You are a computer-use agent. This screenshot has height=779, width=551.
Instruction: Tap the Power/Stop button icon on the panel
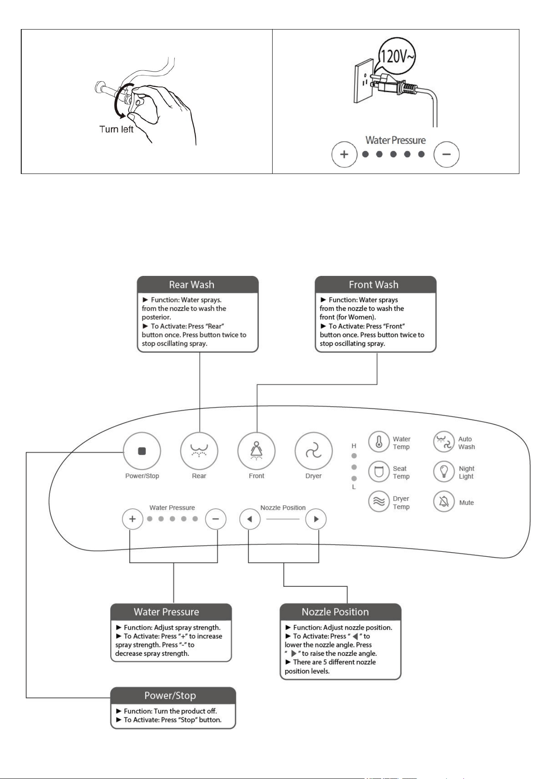pos(142,451)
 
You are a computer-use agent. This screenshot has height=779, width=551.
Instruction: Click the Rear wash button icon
pos(199,451)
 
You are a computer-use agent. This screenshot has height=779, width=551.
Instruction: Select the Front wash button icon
pos(256,451)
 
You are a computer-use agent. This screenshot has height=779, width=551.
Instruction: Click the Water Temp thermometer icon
pos(379,442)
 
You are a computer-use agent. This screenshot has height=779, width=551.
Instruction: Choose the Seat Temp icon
pos(379,472)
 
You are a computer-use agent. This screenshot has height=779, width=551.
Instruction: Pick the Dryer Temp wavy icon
pos(379,502)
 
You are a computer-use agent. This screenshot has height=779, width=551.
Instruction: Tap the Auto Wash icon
pos(444,442)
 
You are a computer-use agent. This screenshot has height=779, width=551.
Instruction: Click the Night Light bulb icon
pos(444,472)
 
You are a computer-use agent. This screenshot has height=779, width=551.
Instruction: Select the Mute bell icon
pos(444,502)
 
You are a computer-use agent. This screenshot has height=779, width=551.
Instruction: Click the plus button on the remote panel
pos(132,519)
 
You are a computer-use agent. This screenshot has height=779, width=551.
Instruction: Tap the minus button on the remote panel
pos(216,519)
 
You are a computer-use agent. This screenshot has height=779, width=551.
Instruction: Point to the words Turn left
pos(117,129)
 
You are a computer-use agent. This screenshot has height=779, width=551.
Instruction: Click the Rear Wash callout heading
pos(191,285)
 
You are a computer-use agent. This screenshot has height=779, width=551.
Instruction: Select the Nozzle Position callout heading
pos(335,612)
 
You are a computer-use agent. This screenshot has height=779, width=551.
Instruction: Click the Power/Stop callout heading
pos(170,695)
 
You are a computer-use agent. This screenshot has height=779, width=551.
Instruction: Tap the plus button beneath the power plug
pos(344,154)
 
